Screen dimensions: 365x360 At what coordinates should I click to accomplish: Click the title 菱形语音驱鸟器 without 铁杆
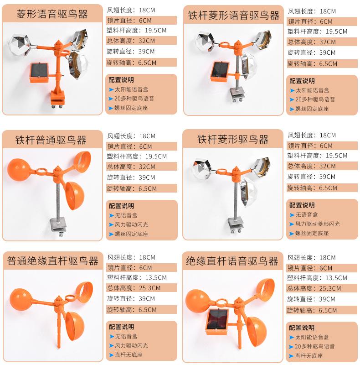click(x=52, y=14)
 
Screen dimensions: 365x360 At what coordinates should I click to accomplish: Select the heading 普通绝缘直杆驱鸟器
click(x=53, y=261)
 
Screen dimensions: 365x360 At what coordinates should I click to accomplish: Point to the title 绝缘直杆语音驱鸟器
click(x=232, y=261)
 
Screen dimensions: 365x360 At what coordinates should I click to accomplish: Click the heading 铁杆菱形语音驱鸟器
click(x=234, y=16)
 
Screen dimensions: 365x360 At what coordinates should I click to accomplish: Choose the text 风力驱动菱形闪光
click(x=317, y=224)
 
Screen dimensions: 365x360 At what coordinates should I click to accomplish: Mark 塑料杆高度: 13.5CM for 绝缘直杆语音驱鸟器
click(x=318, y=278)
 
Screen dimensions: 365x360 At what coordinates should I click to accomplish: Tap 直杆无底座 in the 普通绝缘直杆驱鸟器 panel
click(x=130, y=355)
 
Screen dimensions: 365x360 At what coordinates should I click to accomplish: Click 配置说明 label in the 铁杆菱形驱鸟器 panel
click(x=302, y=205)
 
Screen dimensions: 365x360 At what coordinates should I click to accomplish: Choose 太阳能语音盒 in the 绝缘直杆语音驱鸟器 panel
click(x=312, y=338)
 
